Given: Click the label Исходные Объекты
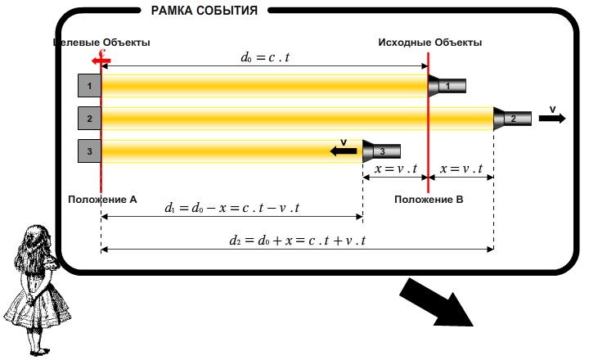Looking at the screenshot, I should point(429,42).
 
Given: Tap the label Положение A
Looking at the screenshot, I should point(102,199).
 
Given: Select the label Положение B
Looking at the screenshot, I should point(429,199).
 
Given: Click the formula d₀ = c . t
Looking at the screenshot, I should point(264,57).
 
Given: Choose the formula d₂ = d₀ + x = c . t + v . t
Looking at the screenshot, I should point(298,240).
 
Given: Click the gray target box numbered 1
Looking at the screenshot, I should point(88,85).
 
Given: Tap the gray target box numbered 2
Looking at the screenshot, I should point(88,118).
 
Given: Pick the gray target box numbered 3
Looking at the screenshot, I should point(88,151).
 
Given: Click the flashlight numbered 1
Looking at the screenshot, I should point(447,85).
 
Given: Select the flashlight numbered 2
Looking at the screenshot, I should point(513,118).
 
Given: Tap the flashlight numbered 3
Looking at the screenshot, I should point(382,151).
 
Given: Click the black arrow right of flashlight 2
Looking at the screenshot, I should point(553,118).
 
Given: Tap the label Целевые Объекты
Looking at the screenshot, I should point(102,42).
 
